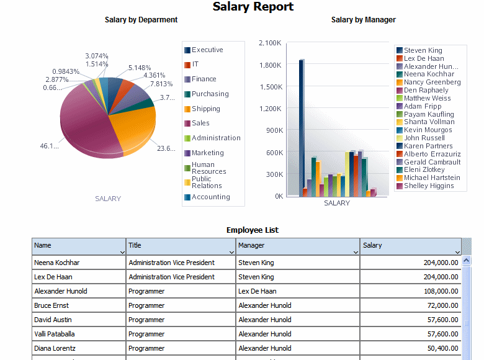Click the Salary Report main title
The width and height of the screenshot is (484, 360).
(253, 7)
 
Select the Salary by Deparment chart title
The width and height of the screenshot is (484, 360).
(141, 20)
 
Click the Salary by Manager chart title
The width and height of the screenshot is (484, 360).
(363, 20)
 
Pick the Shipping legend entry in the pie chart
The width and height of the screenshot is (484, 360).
(205, 109)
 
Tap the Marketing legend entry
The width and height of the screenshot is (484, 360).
(207, 153)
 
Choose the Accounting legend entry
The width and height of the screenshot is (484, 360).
(210, 197)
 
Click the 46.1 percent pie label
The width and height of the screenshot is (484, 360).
(49, 146)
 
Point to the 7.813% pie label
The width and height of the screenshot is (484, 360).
(161, 84)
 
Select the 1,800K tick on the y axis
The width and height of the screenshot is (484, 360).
(270, 65)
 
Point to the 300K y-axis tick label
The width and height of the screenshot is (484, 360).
(273, 174)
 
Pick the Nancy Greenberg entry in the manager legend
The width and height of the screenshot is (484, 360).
(432, 83)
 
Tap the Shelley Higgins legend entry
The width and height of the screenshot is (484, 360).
(428, 186)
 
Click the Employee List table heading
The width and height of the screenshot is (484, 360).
(252, 230)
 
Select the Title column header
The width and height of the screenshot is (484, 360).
(135, 246)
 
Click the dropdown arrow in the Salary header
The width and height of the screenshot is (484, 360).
(457, 252)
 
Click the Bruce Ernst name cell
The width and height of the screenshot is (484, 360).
(51, 305)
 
